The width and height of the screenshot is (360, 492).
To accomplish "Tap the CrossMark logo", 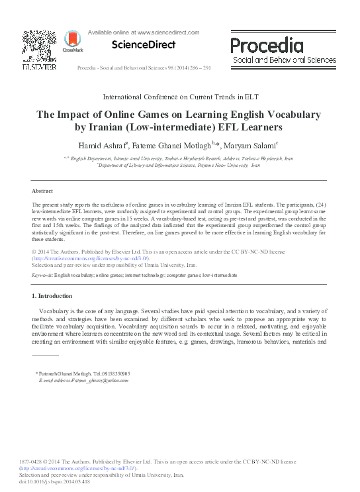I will point(68,42).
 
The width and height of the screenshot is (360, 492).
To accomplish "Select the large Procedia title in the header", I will point(267,46).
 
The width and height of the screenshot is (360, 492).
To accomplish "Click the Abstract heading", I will point(42,190).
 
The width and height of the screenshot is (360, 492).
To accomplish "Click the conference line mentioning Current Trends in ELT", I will point(180,97).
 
